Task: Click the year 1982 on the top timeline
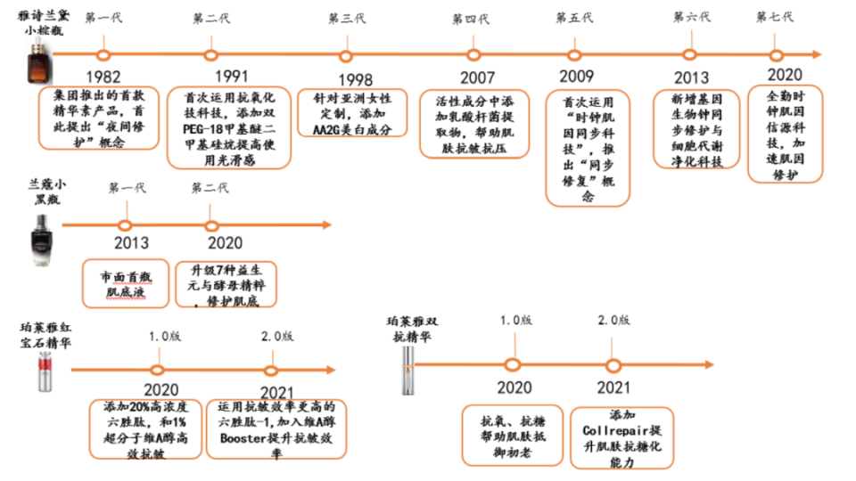point(104,77)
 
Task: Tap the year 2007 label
point(477,77)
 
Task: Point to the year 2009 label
point(576,77)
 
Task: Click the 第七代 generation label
point(774,16)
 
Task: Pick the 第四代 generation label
point(470,19)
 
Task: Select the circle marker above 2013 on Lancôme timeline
point(126,225)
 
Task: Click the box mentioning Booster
point(276,429)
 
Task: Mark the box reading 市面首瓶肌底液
point(126,282)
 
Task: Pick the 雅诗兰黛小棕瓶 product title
point(43,23)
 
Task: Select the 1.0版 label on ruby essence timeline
point(165,337)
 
